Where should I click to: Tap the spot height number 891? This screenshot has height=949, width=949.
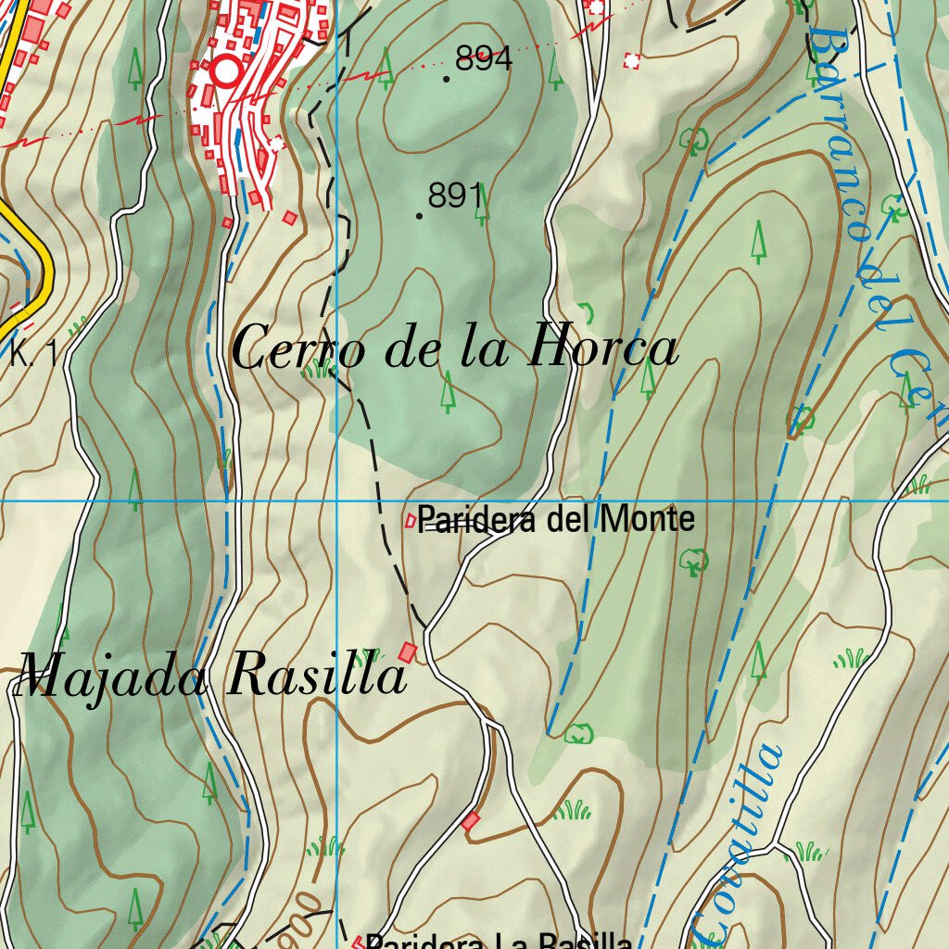click(x=455, y=196)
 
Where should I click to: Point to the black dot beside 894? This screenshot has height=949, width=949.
click(x=447, y=79)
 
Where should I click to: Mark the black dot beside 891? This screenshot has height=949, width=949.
click(x=420, y=216)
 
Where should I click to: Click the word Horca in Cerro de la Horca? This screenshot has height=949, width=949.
click(x=603, y=349)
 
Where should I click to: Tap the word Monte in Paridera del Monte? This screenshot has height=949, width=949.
click(x=647, y=519)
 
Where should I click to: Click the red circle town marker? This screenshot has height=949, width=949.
click(x=225, y=71)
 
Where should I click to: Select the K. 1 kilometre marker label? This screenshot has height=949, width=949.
click(x=34, y=353)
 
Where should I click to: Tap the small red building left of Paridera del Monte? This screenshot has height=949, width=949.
click(x=410, y=522)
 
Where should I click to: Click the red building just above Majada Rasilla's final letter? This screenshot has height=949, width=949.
click(x=407, y=652)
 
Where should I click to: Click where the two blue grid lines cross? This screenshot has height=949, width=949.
click(x=337, y=501)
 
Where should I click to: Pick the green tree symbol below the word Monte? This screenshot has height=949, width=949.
click(x=693, y=561)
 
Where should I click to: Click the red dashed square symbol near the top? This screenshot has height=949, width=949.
click(x=633, y=61)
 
